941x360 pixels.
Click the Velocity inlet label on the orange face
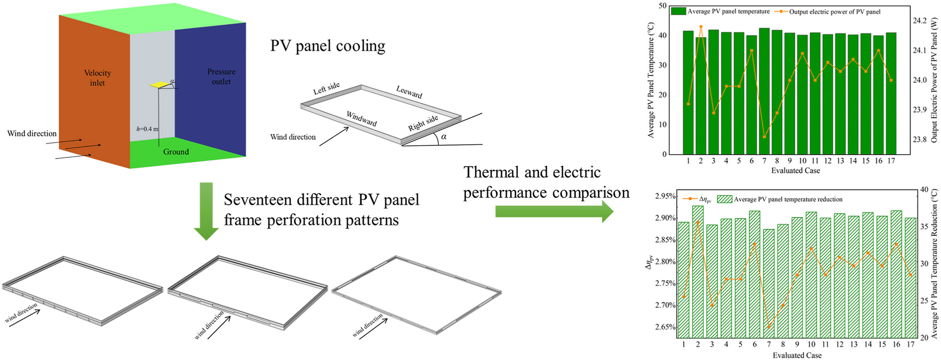pyautogui.click(x=97, y=78)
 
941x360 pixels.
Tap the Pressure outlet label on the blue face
pyautogui.click(x=221, y=77)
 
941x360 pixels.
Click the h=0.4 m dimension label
pyautogui.click(x=147, y=129)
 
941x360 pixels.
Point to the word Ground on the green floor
pyautogui.click(x=176, y=152)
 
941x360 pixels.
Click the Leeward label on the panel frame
pyautogui.click(x=409, y=92)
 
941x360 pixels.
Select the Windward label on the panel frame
pyautogui.click(x=361, y=119)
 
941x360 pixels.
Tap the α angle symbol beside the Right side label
pyautogui.click(x=444, y=136)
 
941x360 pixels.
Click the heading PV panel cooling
pyautogui.click(x=327, y=46)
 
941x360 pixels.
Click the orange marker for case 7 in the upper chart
pyautogui.click(x=764, y=137)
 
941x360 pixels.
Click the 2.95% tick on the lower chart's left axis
pyautogui.click(x=665, y=196)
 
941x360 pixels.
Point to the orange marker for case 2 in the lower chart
pyautogui.click(x=698, y=222)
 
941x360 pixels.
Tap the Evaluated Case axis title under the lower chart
pyautogui.click(x=797, y=355)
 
